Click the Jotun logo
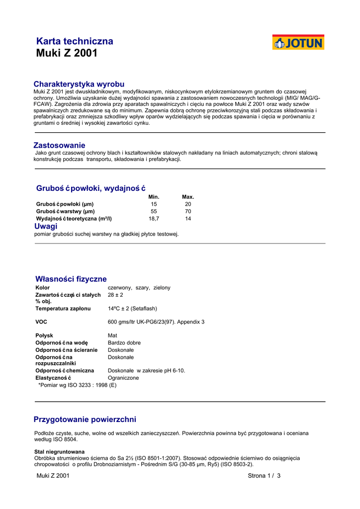point(298,43)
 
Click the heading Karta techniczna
point(75,41)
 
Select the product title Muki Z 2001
point(67,53)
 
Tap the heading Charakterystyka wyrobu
point(79,84)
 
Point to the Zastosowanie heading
point(59,145)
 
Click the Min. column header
point(154,197)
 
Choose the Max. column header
point(188,197)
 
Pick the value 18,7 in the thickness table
point(154,219)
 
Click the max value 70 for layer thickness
point(188,211)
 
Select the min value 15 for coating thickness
point(154,204)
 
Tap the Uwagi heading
point(46,226)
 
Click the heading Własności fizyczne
point(71,279)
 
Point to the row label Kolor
point(43,288)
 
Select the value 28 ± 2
point(115,295)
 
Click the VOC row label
point(41,322)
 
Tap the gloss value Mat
point(112,336)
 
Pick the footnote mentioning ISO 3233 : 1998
point(78,385)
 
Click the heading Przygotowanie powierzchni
point(85,420)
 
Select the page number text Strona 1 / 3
point(264,476)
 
